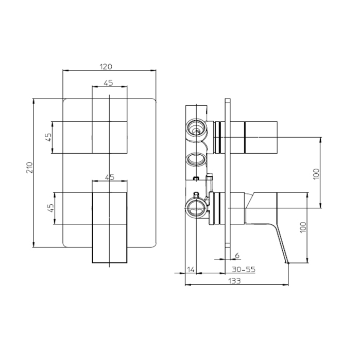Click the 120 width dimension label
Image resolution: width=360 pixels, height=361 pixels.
(106, 67)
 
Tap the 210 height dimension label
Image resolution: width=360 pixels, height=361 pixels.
(30, 168)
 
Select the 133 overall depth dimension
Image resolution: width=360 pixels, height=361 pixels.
(234, 281)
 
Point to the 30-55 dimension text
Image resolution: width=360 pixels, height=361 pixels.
(244, 269)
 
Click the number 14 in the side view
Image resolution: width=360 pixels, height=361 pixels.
(191, 269)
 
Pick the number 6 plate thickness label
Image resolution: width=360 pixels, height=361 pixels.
(237, 255)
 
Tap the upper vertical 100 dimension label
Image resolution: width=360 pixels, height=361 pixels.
(316, 174)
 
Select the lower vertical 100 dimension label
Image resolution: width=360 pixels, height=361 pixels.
(303, 227)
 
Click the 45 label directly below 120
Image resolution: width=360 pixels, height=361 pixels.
(108, 83)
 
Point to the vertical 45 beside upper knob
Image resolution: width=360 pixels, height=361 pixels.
(48, 138)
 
